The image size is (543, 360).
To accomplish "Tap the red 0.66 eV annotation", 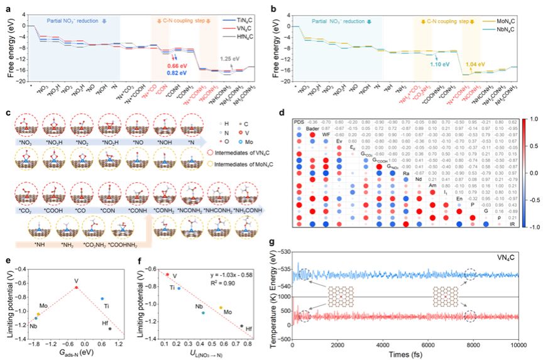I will (177, 65).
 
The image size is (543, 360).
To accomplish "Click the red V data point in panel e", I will (77, 287).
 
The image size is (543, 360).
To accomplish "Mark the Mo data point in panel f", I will (221, 308).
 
